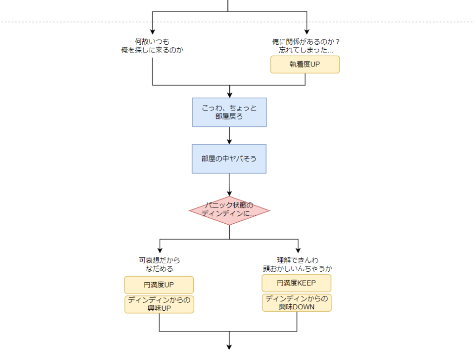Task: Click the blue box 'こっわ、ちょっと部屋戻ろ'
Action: click(x=229, y=112)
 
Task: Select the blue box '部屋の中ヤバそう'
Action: click(x=229, y=159)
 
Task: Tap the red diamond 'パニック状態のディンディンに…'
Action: click(x=229, y=210)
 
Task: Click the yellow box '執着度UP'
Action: click(x=305, y=65)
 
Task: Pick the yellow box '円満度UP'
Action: click(x=159, y=285)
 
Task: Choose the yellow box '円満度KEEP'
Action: click(x=296, y=283)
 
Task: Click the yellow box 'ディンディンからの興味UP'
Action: click(x=159, y=304)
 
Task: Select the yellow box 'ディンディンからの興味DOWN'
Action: click(x=297, y=302)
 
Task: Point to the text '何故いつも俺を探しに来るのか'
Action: click(x=152, y=46)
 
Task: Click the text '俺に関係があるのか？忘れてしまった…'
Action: click(x=306, y=46)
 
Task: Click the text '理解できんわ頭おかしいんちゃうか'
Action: click(x=297, y=264)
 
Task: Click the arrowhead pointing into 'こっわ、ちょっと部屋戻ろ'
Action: click(x=230, y=94)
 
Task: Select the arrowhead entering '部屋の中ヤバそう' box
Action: click(x=230, y=141)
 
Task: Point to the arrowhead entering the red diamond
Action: click(x=230, y=193)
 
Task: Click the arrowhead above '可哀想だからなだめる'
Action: click(x=160, y=250)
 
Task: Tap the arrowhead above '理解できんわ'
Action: click(x=298, y=250)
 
